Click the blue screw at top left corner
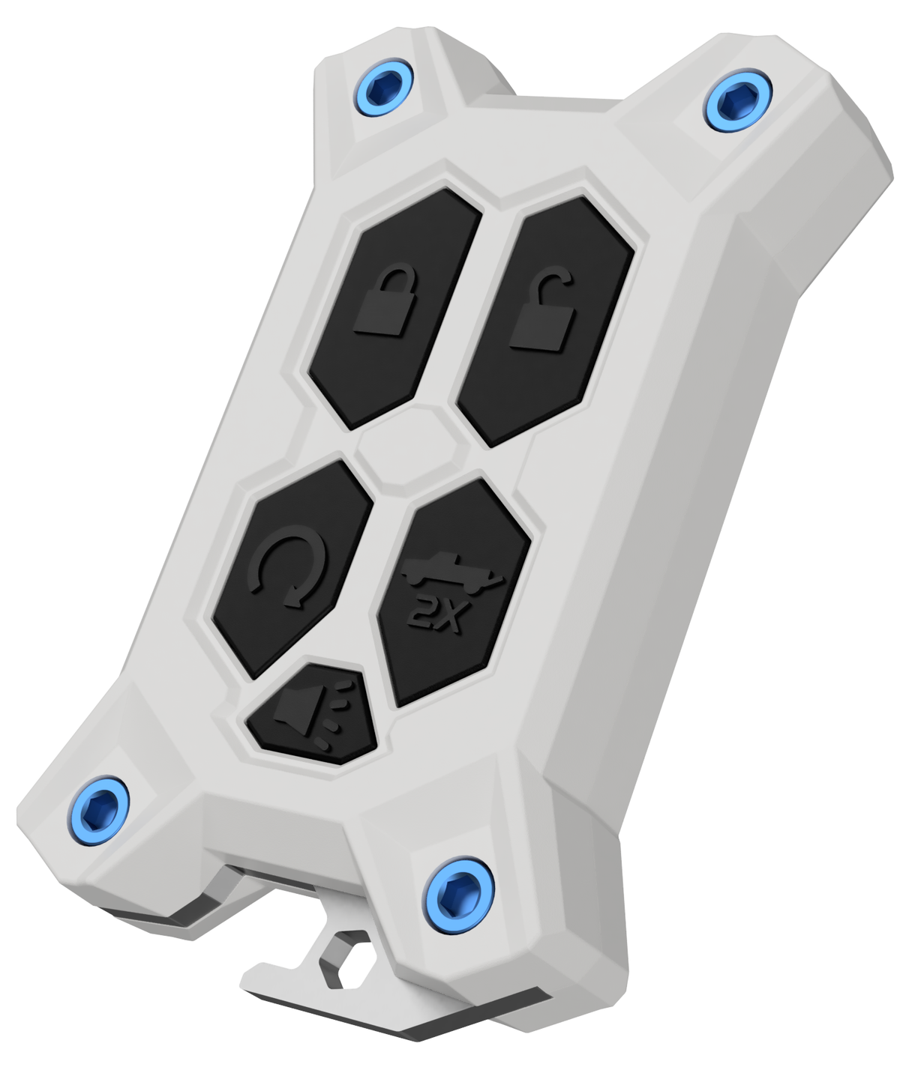(x=383, y=87)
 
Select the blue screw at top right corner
(x=737, y=100)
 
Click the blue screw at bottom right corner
(x=457, y=895)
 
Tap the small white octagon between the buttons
(x=412, y=447)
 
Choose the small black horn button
(x=313, y=715)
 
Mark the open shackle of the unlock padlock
(x=553, y=281)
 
